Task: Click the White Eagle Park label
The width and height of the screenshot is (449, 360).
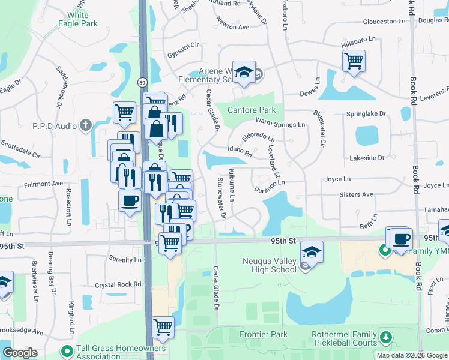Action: [78, 19]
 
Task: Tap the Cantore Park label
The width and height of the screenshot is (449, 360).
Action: [252, 110]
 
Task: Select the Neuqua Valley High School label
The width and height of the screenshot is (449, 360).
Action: [270, 265]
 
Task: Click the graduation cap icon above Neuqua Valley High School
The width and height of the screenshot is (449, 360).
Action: [312, 251]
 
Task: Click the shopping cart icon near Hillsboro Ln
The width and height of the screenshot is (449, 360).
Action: [354, 59]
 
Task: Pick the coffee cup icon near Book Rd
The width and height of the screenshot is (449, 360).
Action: [401, 238]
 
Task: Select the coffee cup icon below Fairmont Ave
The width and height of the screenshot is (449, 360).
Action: [129, 200]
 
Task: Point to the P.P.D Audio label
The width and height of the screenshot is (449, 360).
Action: [55, 125]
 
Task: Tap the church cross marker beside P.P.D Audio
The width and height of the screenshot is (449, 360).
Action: [86, 125]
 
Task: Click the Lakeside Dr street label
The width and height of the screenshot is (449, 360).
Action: [366, 157]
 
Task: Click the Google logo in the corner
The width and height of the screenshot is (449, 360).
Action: [20, 353]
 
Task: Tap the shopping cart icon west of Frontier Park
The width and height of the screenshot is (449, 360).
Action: [163, 327]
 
